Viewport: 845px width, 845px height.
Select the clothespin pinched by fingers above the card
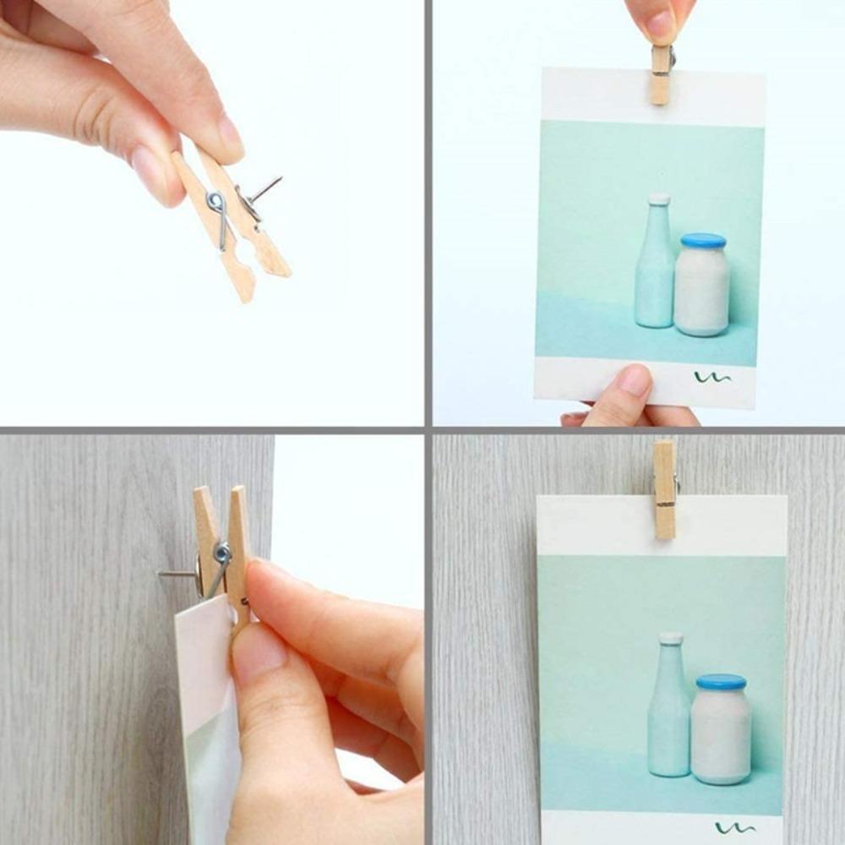pos(661,75)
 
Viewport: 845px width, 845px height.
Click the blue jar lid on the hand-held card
pos(703,241)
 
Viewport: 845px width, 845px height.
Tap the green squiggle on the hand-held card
pos(711,378)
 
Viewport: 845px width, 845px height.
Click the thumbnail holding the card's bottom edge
pos(635,381)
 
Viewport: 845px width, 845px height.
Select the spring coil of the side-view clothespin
pos(221,553)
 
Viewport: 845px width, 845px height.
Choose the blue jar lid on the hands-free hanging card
pos(721,681)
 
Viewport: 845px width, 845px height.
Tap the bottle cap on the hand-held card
pos(659,199)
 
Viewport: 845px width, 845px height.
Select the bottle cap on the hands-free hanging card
pos(671,638)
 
